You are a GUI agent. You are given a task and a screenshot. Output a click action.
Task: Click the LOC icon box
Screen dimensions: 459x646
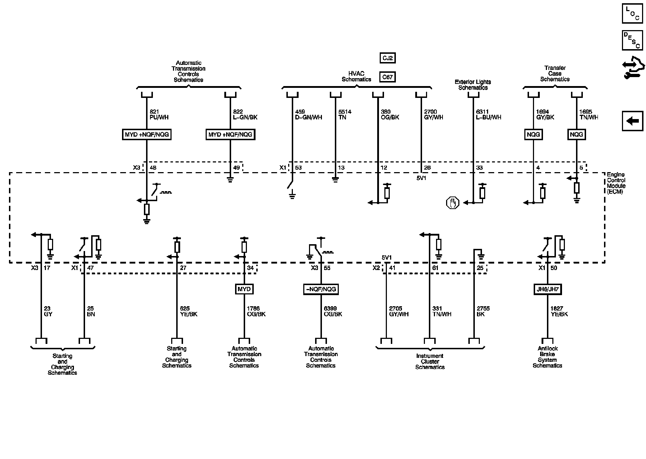click(632, 14)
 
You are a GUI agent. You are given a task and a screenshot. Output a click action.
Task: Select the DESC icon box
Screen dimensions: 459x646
click(632, 40)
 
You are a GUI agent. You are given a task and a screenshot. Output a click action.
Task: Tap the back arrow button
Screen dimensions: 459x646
click(632, 121)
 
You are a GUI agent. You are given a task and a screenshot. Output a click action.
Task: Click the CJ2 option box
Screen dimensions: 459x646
click(388, 58)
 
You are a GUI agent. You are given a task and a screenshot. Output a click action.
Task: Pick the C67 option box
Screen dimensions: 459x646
click(388, 77)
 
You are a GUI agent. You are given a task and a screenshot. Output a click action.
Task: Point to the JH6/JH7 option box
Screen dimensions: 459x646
click(547, 289)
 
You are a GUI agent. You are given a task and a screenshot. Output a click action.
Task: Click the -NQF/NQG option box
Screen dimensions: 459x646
click(321, 289)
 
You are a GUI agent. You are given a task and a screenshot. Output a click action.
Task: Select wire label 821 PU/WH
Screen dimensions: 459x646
click(159, 114)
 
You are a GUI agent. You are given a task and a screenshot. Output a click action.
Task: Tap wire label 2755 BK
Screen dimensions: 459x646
click(483, 311)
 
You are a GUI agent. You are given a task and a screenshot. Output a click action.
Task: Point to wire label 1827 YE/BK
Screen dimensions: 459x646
click(559, 311)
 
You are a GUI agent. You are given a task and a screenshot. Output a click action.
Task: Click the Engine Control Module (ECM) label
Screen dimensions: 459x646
click(616, 183)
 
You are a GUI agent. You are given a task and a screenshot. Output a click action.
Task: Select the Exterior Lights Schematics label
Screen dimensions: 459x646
click(473, 85)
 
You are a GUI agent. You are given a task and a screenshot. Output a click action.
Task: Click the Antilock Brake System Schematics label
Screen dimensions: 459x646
click(547, 357)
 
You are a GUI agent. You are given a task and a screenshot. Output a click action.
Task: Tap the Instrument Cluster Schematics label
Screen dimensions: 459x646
click(430, 361)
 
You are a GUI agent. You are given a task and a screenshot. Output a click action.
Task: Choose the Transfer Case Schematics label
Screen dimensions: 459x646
click(555, 74)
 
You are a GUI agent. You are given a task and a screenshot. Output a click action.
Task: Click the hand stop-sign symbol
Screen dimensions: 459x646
click(453, 203)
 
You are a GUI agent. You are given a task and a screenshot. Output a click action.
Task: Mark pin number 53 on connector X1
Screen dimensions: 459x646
click(298, 168)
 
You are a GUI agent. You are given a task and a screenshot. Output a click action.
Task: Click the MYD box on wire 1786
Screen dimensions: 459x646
click(244, 289)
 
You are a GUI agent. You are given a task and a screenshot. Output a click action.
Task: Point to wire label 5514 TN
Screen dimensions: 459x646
click(345, 114)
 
